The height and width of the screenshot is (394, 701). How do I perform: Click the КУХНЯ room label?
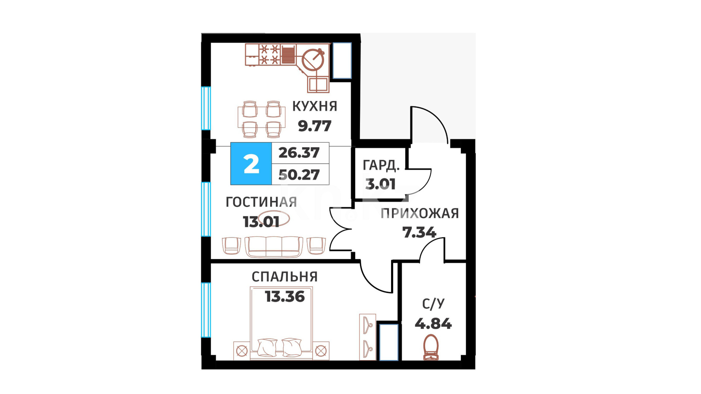pyautogui.click(x=314, y=106)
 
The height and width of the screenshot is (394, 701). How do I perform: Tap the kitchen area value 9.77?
pyautogui.click(x=314, y=126)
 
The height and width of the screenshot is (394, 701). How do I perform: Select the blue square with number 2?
pyautogui.click(x=251, y=164)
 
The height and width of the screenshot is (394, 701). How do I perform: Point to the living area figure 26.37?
pyautogui.click(x=299, y=153)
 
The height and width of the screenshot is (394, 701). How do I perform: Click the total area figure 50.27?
pyautogui.click(x=299, y=175)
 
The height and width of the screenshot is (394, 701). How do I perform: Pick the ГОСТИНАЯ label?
pyautogui.click(x=261, y=202)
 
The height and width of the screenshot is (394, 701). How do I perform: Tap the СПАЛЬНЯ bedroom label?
pyautogui.click(x=284, y=277)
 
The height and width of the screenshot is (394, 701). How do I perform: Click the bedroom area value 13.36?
pyautogui.click(x=285, y=297)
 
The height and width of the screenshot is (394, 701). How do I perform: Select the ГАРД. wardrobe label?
pyautogui.click(x=381, y=166)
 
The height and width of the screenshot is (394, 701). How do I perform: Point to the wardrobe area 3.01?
pyautogui.click(x=380, y=184)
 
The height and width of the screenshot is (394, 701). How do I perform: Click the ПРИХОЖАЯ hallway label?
pyautogui.click(x=420, y=213)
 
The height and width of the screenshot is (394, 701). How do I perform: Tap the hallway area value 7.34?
pyautogui.click(x=419, y=232)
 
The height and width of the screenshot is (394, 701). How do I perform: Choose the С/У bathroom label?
pyautogui.click(x=433, y=304)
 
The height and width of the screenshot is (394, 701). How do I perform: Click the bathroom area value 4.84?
pyautogui.click(x=433, y=324)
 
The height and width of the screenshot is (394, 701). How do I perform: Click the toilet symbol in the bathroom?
pyautogui.click(x=431, y=348)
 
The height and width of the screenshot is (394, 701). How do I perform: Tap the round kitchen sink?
pyautogui.click(x=313, y=59)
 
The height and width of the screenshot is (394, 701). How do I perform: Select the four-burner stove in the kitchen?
pyautogui.click(x=269, y=54)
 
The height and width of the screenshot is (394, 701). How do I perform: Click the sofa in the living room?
pyautogui.click(x=273, y=247)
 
